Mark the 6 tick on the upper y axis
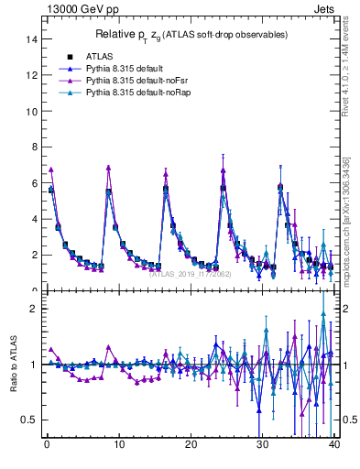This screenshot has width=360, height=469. [33, 183]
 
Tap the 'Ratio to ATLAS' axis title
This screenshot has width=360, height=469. [12, 364]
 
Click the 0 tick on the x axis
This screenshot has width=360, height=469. [46, 445]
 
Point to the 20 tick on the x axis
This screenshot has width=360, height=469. [190, 445]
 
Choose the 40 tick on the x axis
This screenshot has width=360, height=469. [333, 445]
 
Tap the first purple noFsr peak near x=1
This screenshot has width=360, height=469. [51, 169]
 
